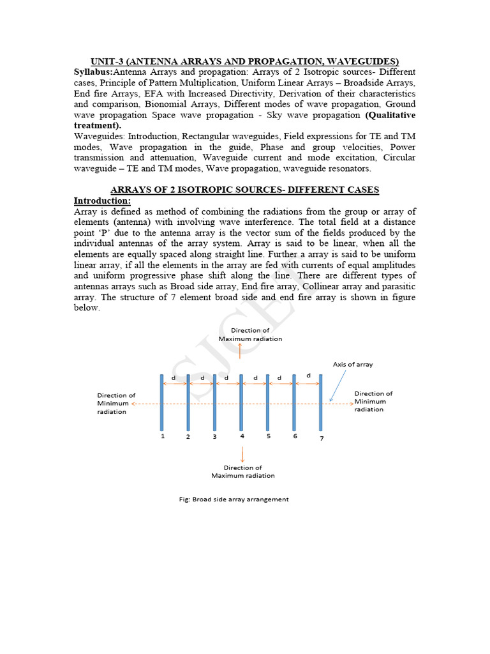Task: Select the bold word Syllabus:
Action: [x=93, y=71]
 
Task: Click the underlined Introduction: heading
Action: [x=102, y=201]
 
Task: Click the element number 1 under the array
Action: [x=163, y=436]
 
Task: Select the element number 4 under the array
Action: [x=242, y=436]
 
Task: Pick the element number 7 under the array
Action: [x=322, y=438]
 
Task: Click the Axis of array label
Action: [x=353, y=364]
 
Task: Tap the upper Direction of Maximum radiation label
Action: [x=250, y=335]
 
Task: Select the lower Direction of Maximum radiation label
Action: [x=243, y=471]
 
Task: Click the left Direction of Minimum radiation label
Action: [x=115, y=404]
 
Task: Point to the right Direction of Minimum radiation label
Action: [x=373, y=401]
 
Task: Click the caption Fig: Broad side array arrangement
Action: [x=234, y=499]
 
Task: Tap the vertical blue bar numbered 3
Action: [x=215, y=403]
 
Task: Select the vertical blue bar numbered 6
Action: [x=294, y=403]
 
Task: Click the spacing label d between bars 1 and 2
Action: [x=175, y=377]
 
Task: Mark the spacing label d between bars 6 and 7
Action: [x=308, y=376]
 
